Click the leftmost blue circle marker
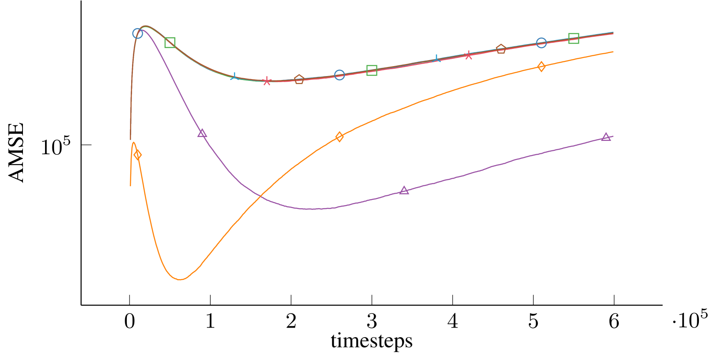point(138,33)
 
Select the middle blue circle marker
point(339,75)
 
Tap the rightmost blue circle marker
point(541,43)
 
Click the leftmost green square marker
point(170,42)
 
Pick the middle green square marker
point(372,70)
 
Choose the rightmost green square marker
point(573,38)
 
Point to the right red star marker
point(469,55)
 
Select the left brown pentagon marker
point(299,80)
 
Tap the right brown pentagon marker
point(501,49)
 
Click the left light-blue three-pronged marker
point(234,76)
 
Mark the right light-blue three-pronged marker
point(437,59)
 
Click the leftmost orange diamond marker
point(138,155)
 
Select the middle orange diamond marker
point(339,137)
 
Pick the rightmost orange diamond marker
point(541,67)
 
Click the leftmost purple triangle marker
point(202,134)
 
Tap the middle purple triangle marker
point(404,191)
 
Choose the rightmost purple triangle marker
point(606,137)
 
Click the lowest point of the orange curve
point(180,280)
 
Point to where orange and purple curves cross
point(261,197)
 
